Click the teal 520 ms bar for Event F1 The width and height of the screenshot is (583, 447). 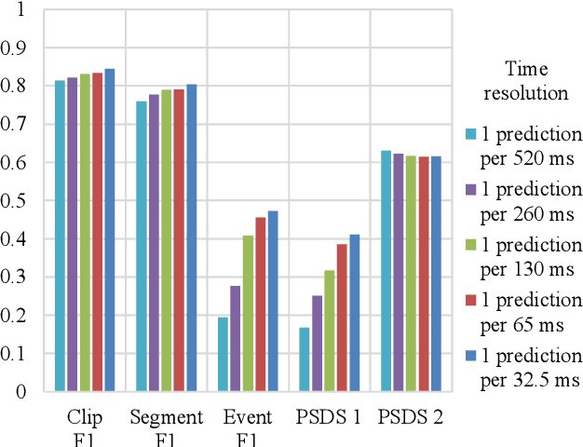click(223, 354)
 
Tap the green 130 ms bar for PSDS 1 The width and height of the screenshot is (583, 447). click(330, 331)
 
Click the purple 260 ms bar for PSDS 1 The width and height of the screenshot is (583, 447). click(317, 344)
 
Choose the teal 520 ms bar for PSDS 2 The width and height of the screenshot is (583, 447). click(386, 271)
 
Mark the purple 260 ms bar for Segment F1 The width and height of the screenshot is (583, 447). click(154, 242)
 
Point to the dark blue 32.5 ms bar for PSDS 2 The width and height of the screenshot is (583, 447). click(436, 274)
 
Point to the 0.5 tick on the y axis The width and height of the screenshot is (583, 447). click(17, 200)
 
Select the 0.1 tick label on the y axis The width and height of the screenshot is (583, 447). click(17, 354)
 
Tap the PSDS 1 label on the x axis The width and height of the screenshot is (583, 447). click(330, 417)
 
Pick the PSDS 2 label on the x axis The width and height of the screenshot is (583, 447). click(411, 417)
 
